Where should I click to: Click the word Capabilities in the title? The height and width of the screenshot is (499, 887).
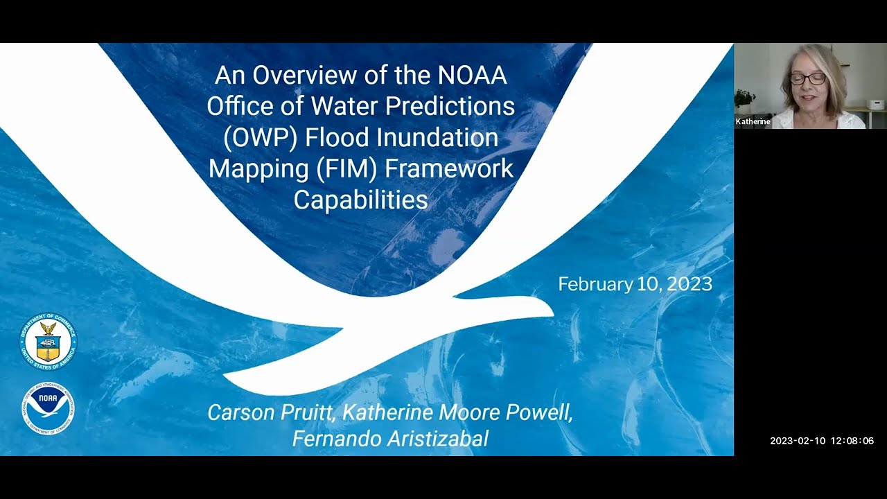(360, 200)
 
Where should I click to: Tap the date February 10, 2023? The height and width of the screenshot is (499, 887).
(635, 284)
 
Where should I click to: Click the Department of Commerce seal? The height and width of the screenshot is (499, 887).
(48, 341)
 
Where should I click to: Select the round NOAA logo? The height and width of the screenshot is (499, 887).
(48, 409)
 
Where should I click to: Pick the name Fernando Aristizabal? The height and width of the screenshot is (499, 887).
(390, 439)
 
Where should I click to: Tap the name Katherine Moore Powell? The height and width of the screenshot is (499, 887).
(457, 412)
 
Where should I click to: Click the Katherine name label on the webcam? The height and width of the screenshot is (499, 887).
(753, 121)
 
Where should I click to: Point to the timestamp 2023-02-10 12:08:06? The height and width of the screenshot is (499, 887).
(821, 441)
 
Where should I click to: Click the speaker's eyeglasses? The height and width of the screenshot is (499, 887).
(808, 79)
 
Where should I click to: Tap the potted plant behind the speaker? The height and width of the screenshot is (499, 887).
(744, 98)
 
